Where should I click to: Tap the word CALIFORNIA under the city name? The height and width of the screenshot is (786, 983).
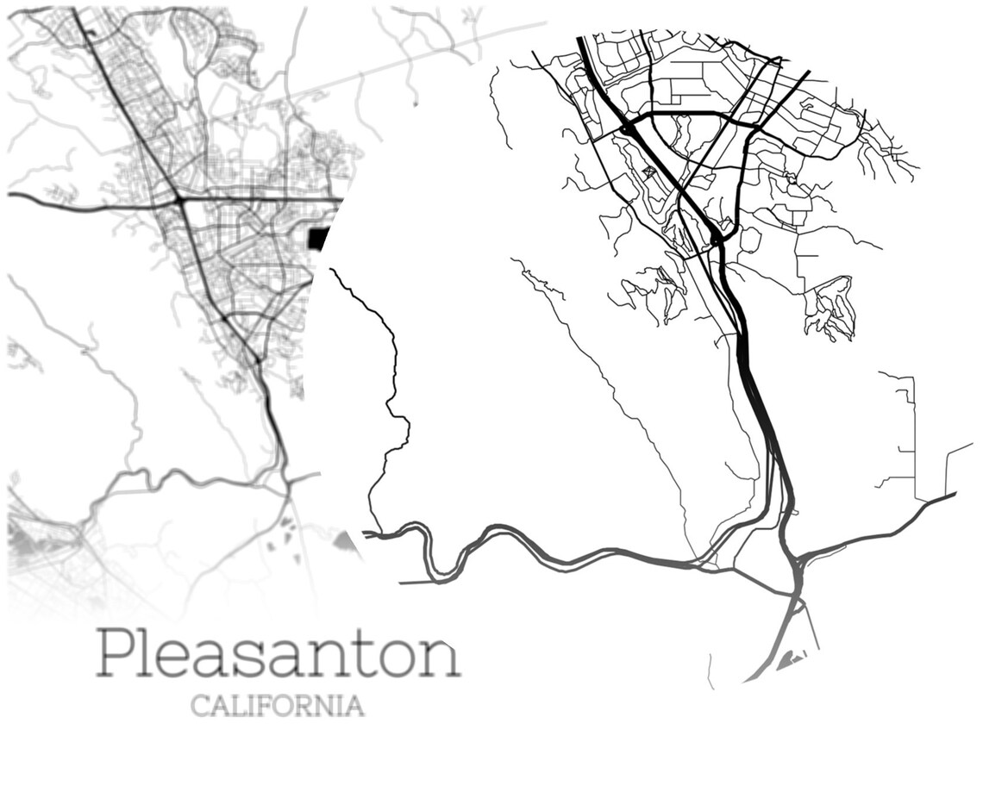pyautogui.click(x=277, y=706)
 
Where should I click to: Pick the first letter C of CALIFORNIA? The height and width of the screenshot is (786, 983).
pyautogui.click(x=199, y=706)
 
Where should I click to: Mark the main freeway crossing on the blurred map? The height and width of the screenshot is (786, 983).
pyautogui.click(x=180, y=201)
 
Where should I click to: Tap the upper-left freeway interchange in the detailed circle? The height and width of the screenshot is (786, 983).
pyautogui.click(x=628, y=129)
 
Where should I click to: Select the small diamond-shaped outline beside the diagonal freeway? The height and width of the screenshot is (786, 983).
pyautogui.click(x=648, y=173)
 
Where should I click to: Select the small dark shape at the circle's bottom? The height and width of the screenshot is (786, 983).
pyautogui.click(x=789, y=662)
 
